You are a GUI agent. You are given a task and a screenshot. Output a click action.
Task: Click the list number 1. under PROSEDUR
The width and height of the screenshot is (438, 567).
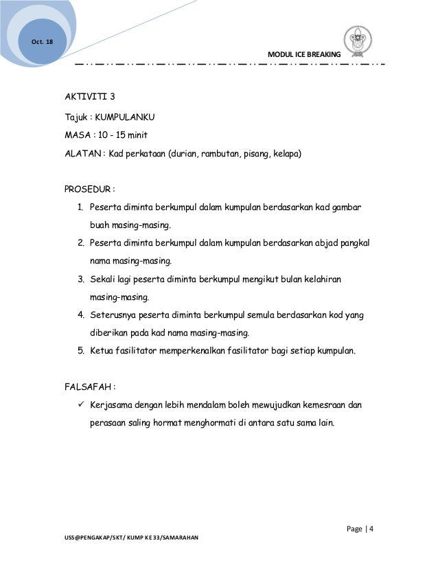click(x=80, y=207)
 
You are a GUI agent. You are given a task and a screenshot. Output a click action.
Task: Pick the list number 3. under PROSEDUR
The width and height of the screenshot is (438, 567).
click(x=80, y=279)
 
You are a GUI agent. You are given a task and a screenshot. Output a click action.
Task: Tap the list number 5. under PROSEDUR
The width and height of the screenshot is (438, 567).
click(x=80, y=351)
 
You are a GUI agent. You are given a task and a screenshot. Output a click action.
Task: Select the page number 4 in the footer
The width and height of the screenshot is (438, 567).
click(x=371, y=527)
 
